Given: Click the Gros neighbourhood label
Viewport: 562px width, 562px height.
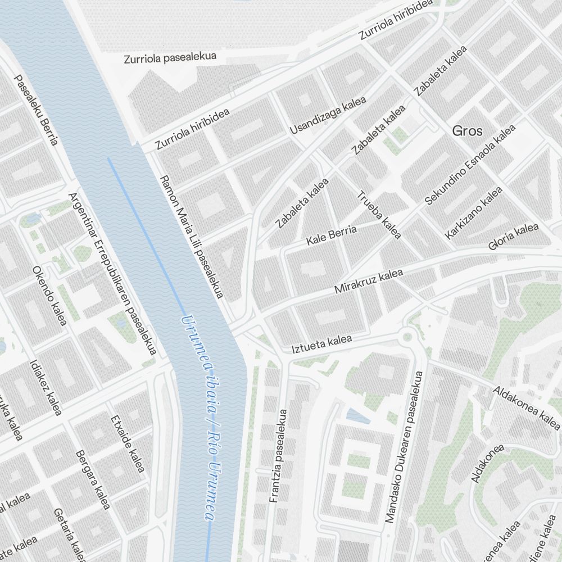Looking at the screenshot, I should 467,131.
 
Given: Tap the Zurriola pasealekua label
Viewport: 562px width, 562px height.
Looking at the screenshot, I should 170,58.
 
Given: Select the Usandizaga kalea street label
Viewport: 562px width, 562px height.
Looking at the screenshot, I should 328,115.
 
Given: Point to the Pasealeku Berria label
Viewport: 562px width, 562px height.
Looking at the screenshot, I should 36,110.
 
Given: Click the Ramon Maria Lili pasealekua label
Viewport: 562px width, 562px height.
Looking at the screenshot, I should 192,236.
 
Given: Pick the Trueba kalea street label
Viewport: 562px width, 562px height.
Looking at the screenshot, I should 379,215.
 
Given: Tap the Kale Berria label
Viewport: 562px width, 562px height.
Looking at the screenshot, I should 332,235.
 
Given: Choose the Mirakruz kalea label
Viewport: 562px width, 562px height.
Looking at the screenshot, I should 369,282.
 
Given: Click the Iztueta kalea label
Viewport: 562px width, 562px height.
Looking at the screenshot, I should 321,344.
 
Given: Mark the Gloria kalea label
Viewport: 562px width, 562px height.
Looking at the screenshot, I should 514,237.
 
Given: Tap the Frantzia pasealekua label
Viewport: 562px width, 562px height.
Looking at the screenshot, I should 278,455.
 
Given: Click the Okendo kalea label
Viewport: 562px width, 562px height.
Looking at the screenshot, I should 49,295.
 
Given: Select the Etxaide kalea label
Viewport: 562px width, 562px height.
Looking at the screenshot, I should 128,444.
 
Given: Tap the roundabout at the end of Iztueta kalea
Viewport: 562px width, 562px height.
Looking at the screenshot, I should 408,337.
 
